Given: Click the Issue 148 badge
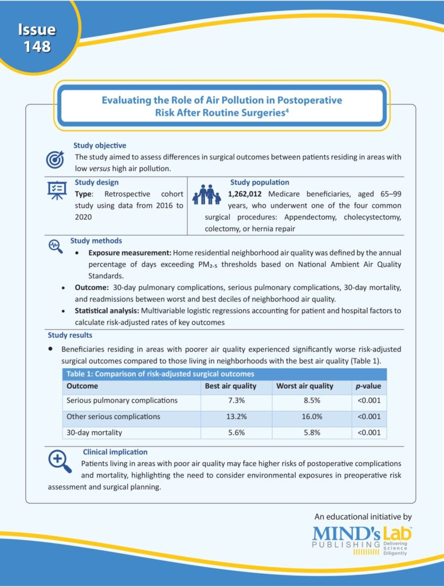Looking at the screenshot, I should tap(37, 38).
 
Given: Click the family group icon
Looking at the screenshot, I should tap(207, 195).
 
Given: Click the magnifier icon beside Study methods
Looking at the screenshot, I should tap(56, 245).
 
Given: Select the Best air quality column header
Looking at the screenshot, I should tap(230, 386).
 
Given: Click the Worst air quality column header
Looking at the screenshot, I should tap(304, 386).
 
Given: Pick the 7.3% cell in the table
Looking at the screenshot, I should tap(236, 400).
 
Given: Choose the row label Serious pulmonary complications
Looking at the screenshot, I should tap(122, 400).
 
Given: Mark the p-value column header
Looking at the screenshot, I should tap(368, 386).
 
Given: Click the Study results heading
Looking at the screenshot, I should tap(68, 335).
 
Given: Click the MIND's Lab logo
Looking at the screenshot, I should tap(362, 539).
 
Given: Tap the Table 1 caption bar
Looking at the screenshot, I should tap(224, 373).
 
